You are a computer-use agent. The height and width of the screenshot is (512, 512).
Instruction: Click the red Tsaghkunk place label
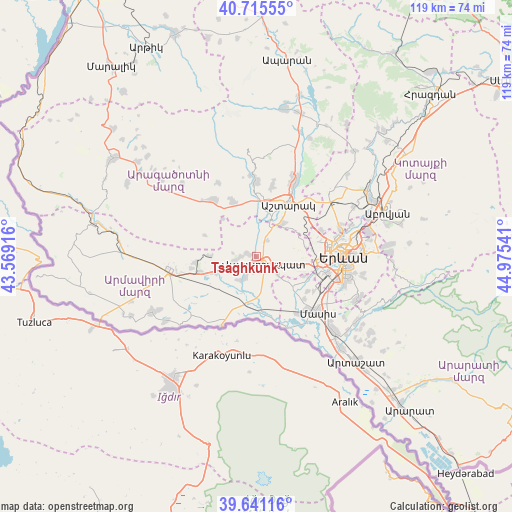244,268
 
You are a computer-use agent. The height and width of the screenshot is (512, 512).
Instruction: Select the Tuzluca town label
33,322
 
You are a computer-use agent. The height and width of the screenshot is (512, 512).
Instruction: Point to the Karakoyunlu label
221,355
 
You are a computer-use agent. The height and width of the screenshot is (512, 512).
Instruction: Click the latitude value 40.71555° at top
256,9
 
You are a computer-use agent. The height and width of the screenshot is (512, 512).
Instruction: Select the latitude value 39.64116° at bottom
256,503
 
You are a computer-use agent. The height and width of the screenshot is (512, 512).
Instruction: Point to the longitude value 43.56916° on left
9,256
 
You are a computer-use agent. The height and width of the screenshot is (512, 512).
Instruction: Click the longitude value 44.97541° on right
503,256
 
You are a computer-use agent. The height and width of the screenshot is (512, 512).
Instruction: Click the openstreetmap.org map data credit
67,506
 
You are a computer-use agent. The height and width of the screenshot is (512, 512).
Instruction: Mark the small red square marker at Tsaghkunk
256,256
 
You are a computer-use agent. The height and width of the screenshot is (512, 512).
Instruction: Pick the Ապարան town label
288,60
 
